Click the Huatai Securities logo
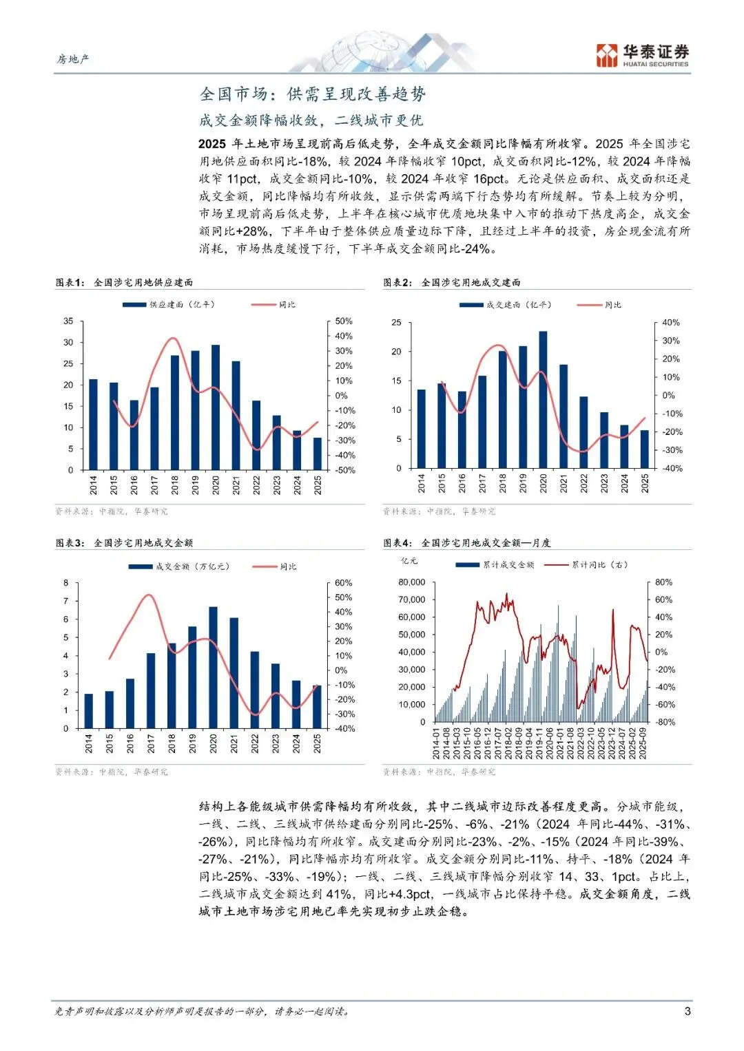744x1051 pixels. click(x=642, y=55)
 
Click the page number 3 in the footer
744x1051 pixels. click(x=687, y=1011)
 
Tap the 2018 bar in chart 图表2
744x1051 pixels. click(x=503, y=410)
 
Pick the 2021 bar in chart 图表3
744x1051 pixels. click(x=234, y=672)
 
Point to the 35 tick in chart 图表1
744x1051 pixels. click(x=68, y=321)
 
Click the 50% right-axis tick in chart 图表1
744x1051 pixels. click(x=343, y=321)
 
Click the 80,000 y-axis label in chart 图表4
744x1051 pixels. click(x=412, y=582)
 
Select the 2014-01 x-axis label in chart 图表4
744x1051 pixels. click(x=436, y=743)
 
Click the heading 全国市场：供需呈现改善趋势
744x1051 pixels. click(x=313, y=94)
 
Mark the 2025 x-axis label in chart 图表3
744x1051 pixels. click(x=318, y=743)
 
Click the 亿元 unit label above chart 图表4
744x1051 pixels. click(x=409, y=561)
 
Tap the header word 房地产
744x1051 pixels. click(x=73, y=59)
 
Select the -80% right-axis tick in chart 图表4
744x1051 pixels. click(x=665, y=722)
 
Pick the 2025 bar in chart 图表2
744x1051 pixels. click(x=645, y=449)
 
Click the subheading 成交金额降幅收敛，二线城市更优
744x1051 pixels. click(x=311, y=120)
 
